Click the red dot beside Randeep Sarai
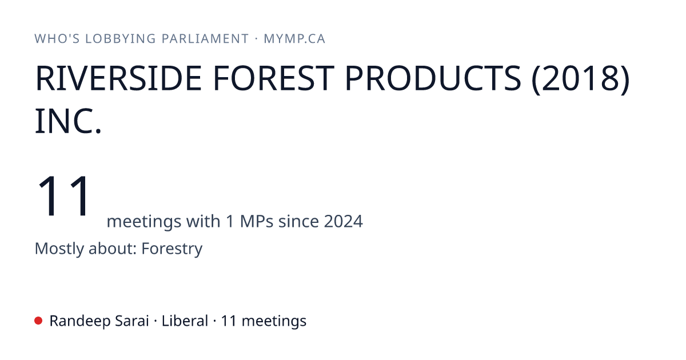pyautogui.click(x=38, y=321)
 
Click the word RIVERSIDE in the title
pyautogui.click(x=118, y=78)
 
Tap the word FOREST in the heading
pyautogui.click(x=273, y=78)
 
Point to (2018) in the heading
pyautogui.click(x=581, y=79)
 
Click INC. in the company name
pyautogui.click(x=68, y=121)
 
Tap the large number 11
pyautogui.click(x=63, y=195)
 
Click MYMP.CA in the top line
pyautogui.click(x=294, y=39)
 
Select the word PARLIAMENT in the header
pyautogui.click(x=205, y=39)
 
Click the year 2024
pyautogui.click(x=344, y=221)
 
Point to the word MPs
pyautogui.click(x=257, y=221)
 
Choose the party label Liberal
pyautogui.click(x=185, y=321)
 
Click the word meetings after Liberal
pyautogui.click(x=274, y=321)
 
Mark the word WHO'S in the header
pyautogui.click(x=57, y=39)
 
